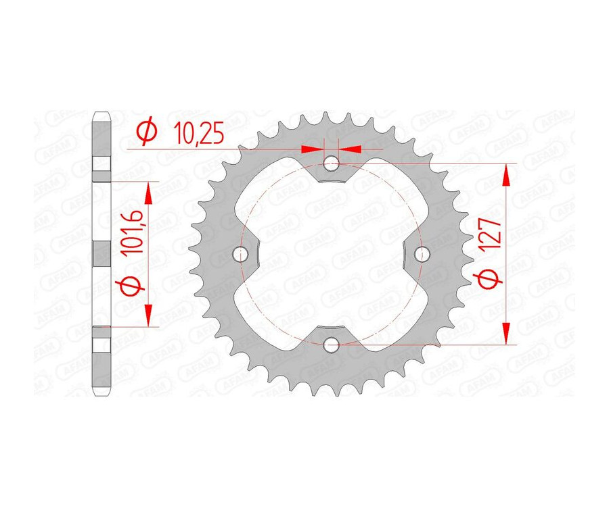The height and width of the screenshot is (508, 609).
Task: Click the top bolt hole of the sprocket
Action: (x=332, y=163)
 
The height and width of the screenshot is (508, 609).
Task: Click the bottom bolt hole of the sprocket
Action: (x=332, y=345)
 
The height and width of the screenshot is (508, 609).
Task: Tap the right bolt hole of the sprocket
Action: (x=423, y=254)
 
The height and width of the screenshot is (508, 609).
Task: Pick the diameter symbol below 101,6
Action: (x=134, y=284)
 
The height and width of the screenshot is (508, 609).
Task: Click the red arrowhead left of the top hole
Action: (x=311, y=149)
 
